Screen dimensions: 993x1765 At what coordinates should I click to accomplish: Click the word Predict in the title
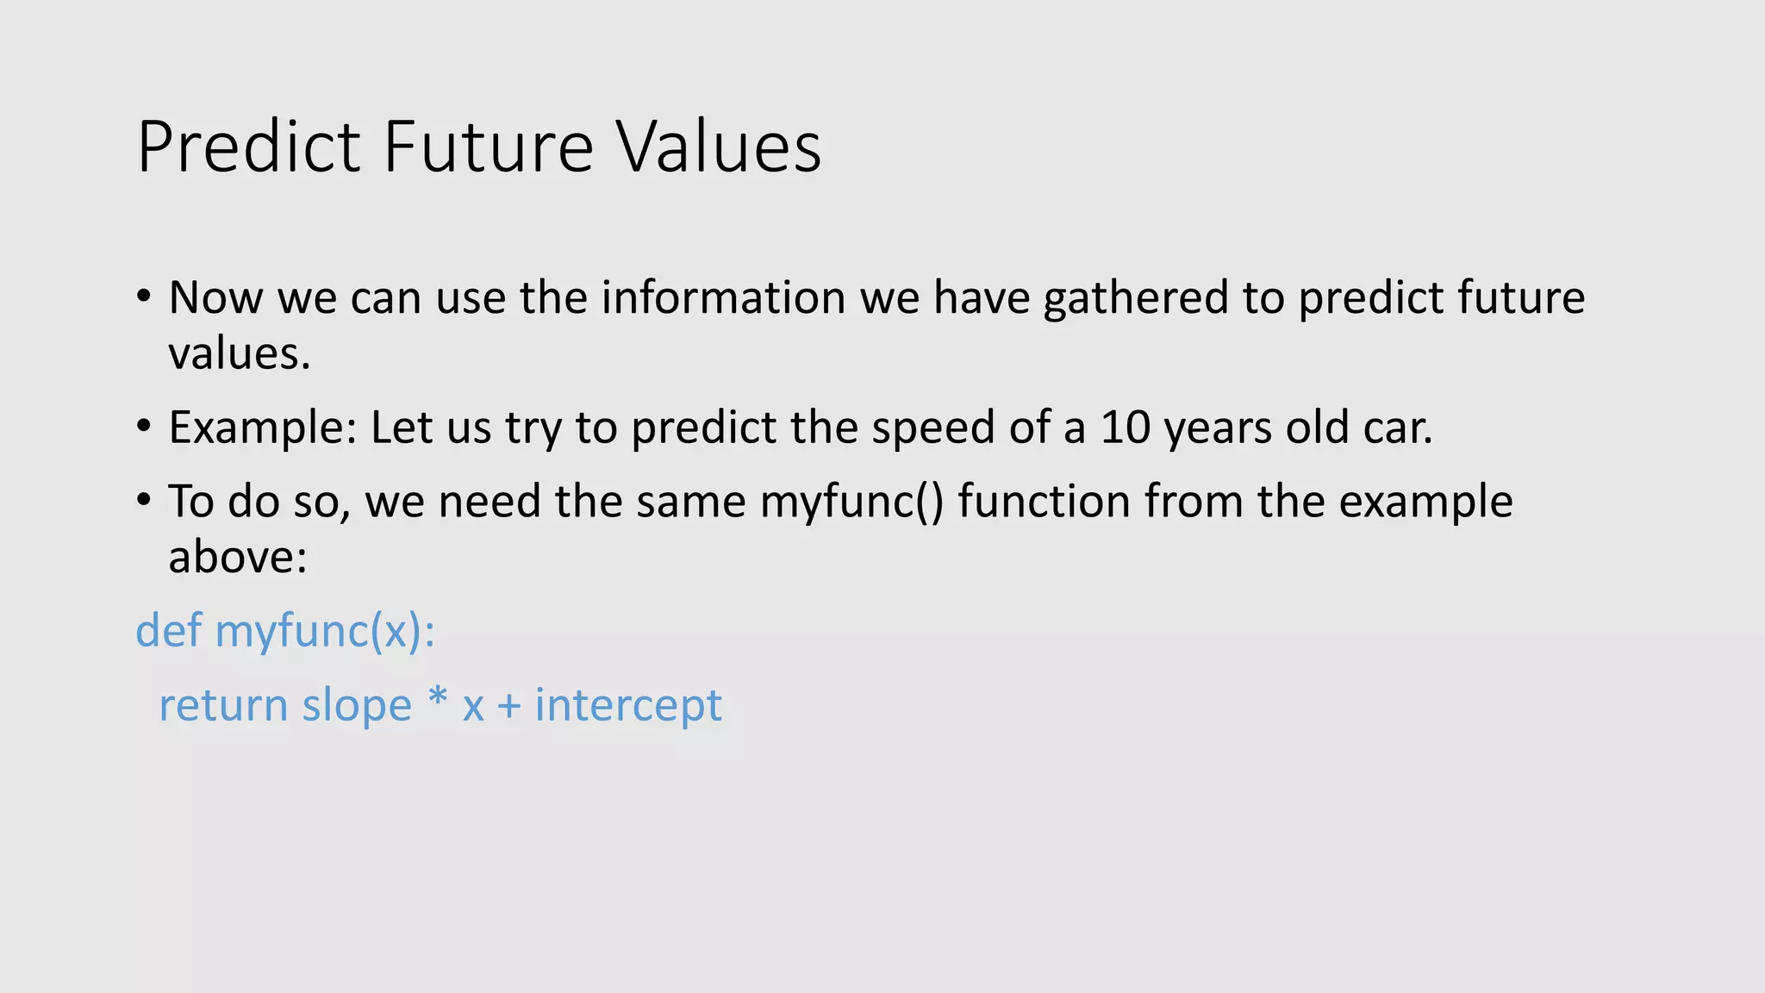tap(249, 147)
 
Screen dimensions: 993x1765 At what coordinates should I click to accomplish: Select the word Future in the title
tap(488, 147)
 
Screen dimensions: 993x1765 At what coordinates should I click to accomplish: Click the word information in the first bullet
tap(723, 297)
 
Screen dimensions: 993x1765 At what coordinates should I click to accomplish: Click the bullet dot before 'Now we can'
tap(144, 297)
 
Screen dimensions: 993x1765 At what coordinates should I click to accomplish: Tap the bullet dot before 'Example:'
tap(144, 427)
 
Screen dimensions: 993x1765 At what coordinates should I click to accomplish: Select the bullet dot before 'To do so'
tap(144, 501)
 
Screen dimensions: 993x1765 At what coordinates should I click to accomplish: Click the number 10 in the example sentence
tap(1126, 428)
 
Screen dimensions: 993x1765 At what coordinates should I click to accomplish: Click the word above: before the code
tap(237, 557)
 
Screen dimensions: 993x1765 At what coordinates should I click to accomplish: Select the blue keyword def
tap(168, 630)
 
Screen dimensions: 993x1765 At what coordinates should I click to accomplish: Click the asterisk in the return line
tap(438, 698)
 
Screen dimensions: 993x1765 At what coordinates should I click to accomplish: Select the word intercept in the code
tap(627, 706)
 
